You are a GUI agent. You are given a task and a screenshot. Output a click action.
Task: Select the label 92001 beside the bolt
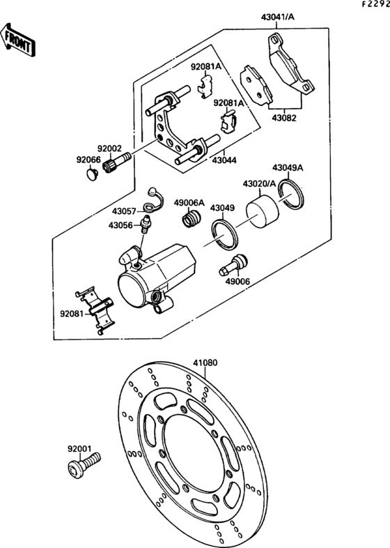point(79,449)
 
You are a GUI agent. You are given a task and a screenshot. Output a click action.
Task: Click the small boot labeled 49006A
point(188,221)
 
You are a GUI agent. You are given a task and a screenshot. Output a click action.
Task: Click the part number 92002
point(109,149)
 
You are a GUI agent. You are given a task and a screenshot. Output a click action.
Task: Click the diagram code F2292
point(375,4)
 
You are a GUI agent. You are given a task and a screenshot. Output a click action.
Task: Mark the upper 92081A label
point(206,66)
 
